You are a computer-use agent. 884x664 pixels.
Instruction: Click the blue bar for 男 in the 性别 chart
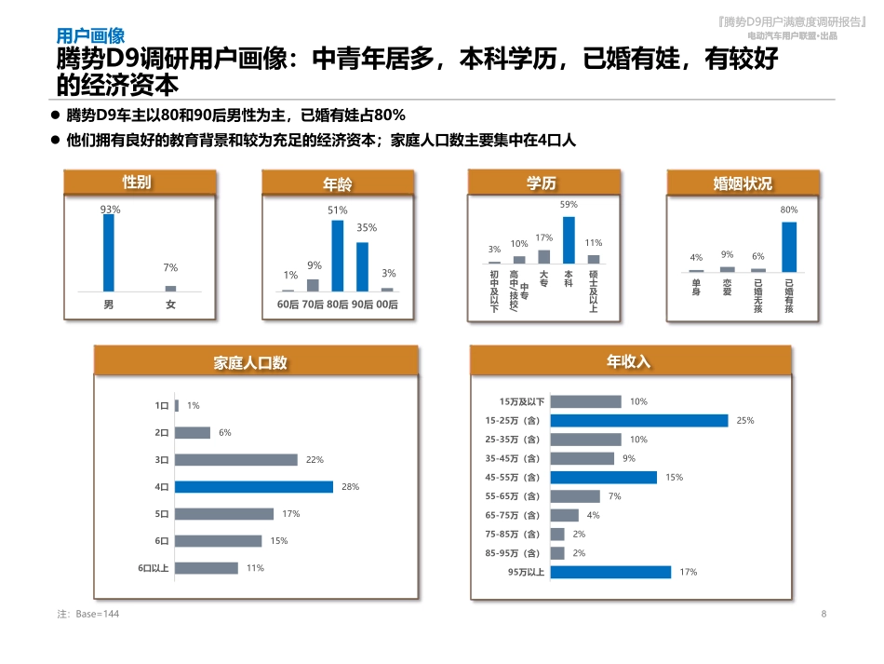pos(109,252)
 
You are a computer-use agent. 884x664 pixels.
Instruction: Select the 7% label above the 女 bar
pos(170,268)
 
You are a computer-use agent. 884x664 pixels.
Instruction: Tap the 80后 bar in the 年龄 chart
pos(338,255)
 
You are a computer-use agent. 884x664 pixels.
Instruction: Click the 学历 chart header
pos(542,183)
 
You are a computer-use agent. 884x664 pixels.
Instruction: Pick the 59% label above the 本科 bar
pos(568,204)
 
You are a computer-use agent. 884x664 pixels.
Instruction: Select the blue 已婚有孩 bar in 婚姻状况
pos(788,246)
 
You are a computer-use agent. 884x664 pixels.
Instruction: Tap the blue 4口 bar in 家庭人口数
pos(253,486)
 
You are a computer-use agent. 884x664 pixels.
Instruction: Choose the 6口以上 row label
pos(154,567)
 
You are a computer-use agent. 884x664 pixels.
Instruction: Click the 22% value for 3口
pos(314,459)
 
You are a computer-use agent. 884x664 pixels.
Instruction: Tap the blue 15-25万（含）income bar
pos(638,421)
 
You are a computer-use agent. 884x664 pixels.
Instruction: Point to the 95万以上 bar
pos(610,572)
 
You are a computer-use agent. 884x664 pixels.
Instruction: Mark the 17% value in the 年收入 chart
pos(688,572)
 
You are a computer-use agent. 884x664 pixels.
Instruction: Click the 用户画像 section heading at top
pos(90,36)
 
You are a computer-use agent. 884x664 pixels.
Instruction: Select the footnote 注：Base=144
pos(88,614)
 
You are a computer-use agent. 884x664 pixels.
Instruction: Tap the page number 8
pos(824,614)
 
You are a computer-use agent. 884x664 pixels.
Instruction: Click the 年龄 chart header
pos(337,183)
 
